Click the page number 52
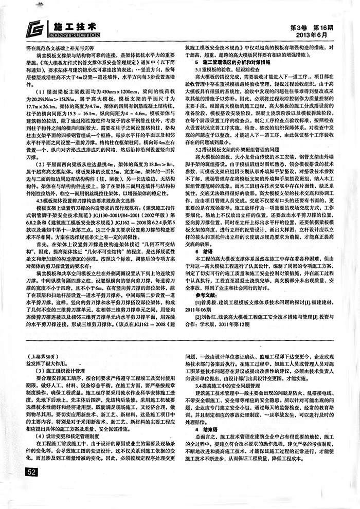coord(31,471)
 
